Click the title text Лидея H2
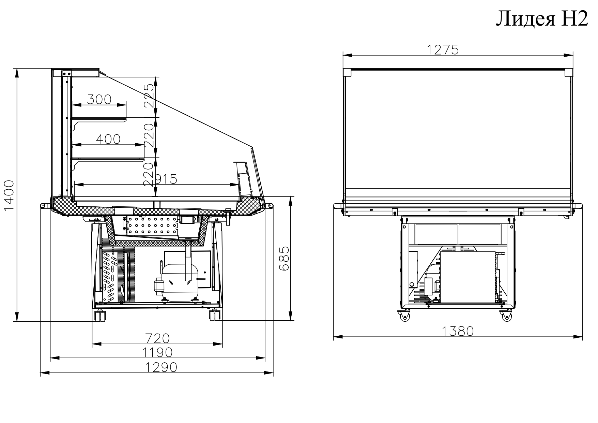tap(542, 19)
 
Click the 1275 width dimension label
tap(443, 50)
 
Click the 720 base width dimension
tap(157, 338)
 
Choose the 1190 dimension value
tap(157, 352)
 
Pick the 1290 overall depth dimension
tap(162, 367)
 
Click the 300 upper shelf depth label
tap(99, 99)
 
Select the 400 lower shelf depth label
tap(108, 139)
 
